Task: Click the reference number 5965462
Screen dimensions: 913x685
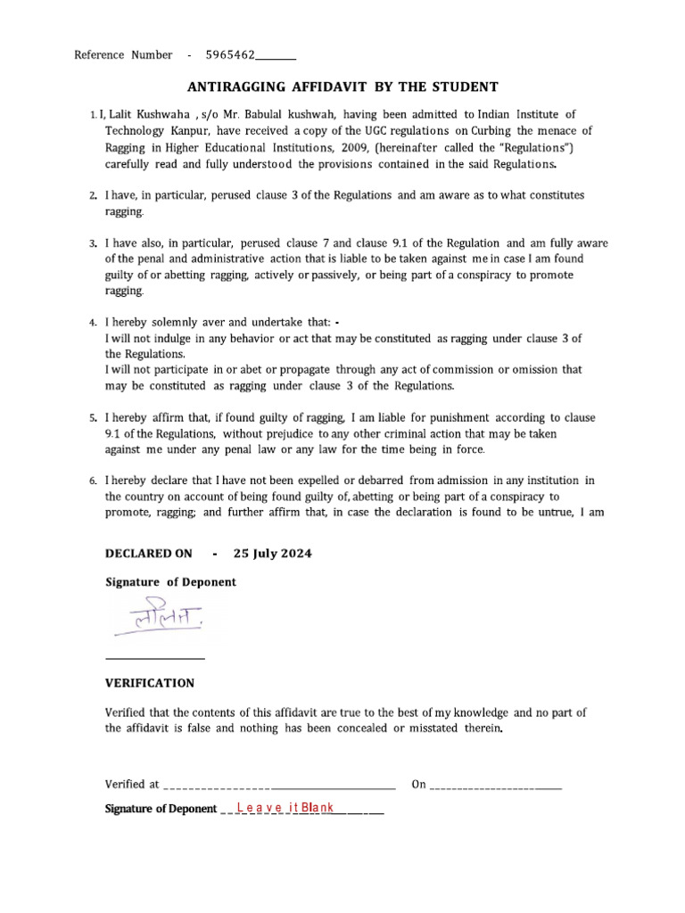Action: click(x=230, y=55)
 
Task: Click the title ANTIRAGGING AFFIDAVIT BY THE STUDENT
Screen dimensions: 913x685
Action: click(x=342, y=86)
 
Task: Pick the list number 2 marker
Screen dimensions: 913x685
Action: click(x=93, y=195)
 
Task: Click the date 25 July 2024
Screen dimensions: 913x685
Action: click(x=273, y=553)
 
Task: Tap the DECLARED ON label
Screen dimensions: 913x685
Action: click(x=148, y=553)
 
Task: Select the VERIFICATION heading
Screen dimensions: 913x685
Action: click(x=150, y=683)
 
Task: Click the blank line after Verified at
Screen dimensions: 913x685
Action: click(x=279, y=786)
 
